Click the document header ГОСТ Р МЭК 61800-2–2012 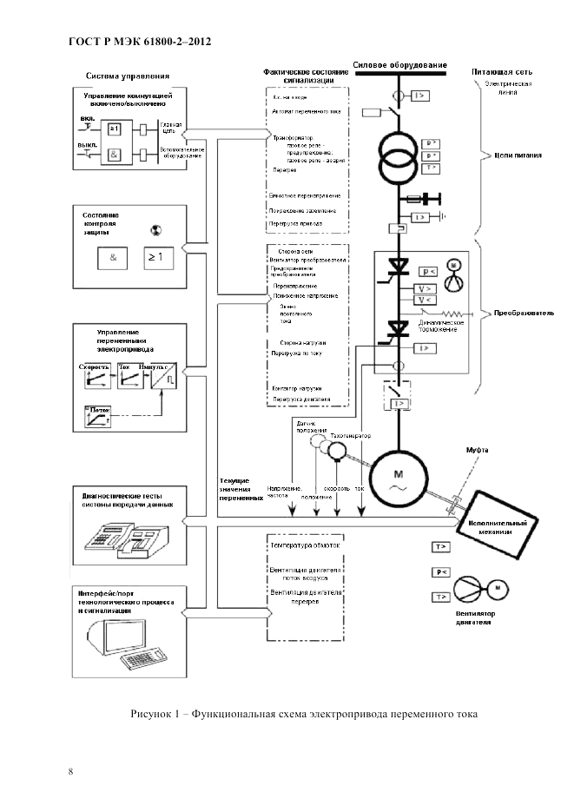[x=139, y=41]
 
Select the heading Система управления [x=128, y=76]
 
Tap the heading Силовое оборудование [x=400, y=65]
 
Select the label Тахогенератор [x=351, y=435]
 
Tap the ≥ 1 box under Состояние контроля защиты [x=160, y=257]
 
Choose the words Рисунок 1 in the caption [x=155, y=714]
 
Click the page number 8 [x=70, y=770]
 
